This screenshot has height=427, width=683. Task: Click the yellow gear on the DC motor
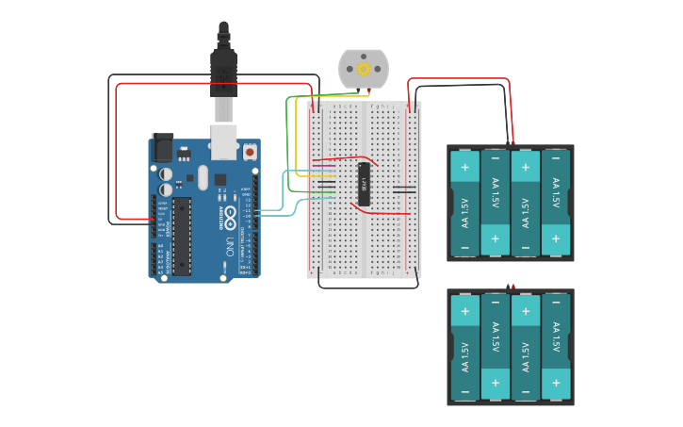pyautogui.click(x=363, y=69)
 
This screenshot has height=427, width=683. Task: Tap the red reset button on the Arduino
pyautogui.click(x=250, y=151)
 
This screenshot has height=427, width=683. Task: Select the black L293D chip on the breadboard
pyautogui.click(x=364, y=183)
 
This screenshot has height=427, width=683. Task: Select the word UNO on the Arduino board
pyautogui.click(x=230, y=249)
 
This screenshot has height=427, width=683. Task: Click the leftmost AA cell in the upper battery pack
pyautogui.click(x=464, y=204)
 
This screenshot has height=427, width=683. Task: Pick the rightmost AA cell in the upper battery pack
pyautogui.click(x=556, y=204)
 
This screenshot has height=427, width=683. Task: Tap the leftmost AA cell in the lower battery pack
pyautogui.click(x=464, y=348)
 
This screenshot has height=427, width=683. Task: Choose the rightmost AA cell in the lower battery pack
pyautogui.click(x=556, y=348)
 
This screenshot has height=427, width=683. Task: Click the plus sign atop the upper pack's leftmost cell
pyautogui.click(x=464, y=167)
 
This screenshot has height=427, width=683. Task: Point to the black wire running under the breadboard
pyautogui.click(x=367, y=287)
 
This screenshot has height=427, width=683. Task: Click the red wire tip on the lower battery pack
pyautogui.click(x=512, y=286)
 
